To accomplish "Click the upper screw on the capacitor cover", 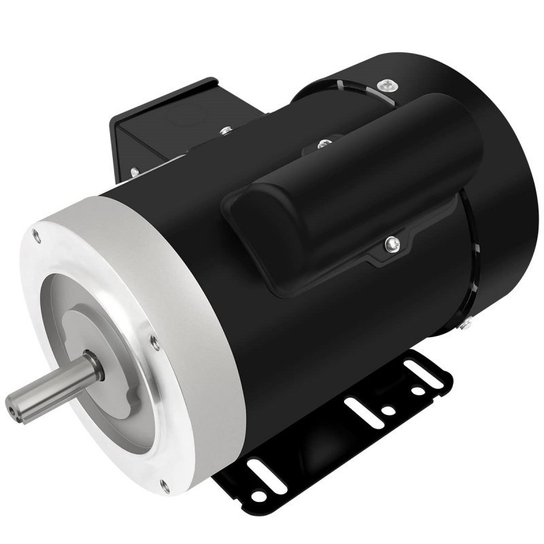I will click(x=324, y=143).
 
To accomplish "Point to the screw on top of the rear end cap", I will click(x=388, y=84).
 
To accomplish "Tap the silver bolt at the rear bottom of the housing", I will click(x=466, y=326).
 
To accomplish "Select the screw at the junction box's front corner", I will click(x=135, y=172).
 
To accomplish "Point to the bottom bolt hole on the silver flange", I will click(x=164, y=485).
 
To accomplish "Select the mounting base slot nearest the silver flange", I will click(x=260, y=469).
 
